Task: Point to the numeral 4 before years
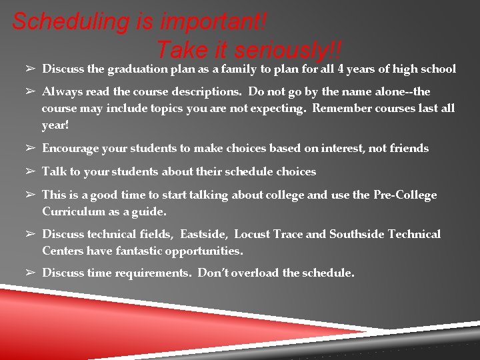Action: click(341, 69)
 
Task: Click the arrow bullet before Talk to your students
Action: click(31, 171)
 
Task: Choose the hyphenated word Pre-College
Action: click(406, 195)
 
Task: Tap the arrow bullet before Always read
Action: click(31, 91)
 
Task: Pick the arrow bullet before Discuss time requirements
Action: click(31, 273)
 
